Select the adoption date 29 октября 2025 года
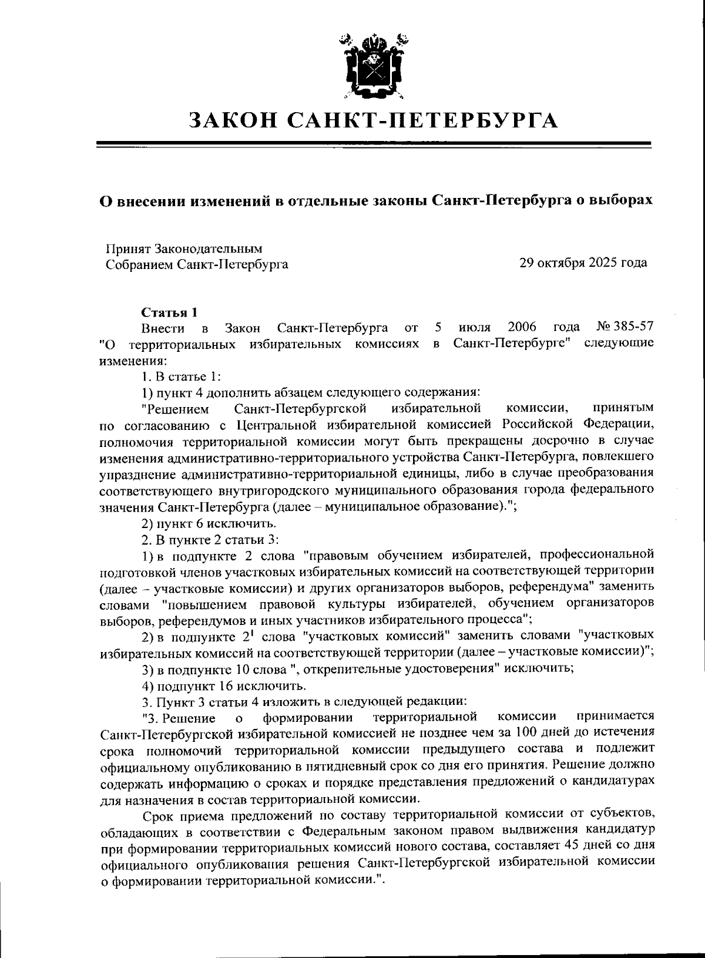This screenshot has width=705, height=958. pos(583,263)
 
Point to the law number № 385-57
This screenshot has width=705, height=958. pos(625,327)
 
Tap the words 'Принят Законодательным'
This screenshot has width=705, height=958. pos(183,249)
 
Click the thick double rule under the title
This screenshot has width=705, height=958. pos(373,144)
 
